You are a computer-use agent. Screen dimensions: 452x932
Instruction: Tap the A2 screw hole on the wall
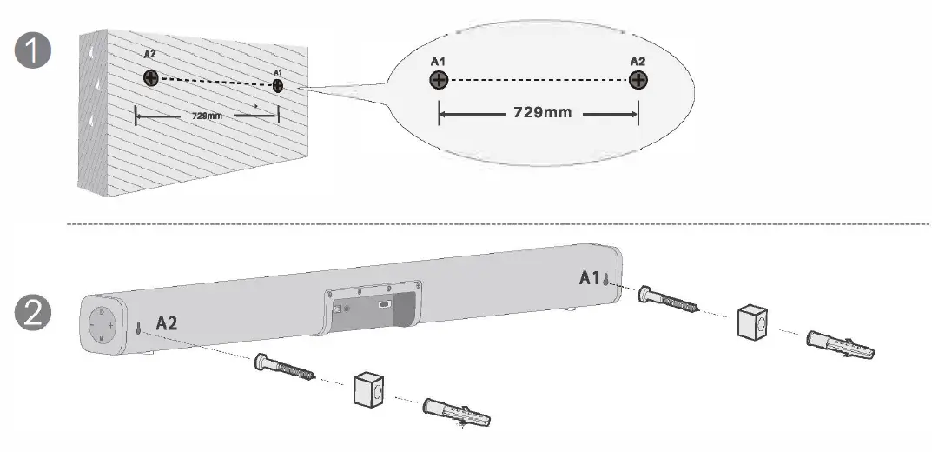(151, 79)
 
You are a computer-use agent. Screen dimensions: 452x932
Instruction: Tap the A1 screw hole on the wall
(277, 85)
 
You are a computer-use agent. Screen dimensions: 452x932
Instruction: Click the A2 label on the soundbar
(168, 323)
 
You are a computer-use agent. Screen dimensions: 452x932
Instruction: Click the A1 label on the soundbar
(590, 278)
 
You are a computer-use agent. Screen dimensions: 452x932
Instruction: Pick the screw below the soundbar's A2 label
(286, 369)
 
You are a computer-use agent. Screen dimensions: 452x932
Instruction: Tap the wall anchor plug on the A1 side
(840, 344)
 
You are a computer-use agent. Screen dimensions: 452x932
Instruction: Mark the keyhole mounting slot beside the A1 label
(607, 280)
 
